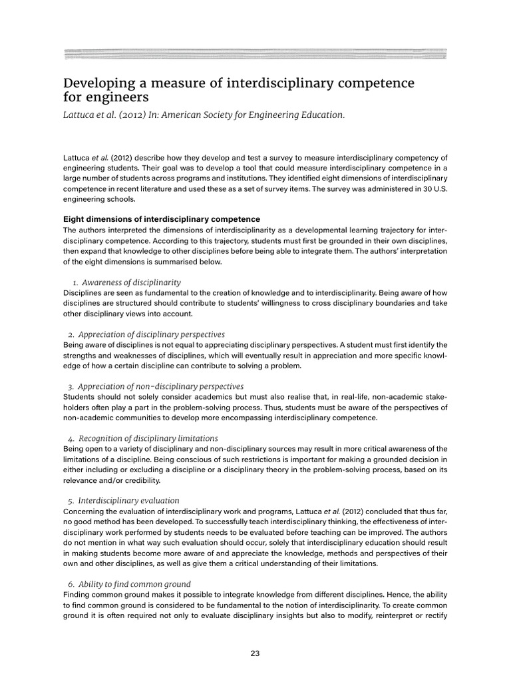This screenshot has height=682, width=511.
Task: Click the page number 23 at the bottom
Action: pos(255,653)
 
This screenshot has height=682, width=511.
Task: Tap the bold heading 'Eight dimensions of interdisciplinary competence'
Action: pos(162,219)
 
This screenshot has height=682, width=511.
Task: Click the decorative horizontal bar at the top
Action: pos(255,55)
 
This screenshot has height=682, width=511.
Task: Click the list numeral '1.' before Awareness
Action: pos(74,282)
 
